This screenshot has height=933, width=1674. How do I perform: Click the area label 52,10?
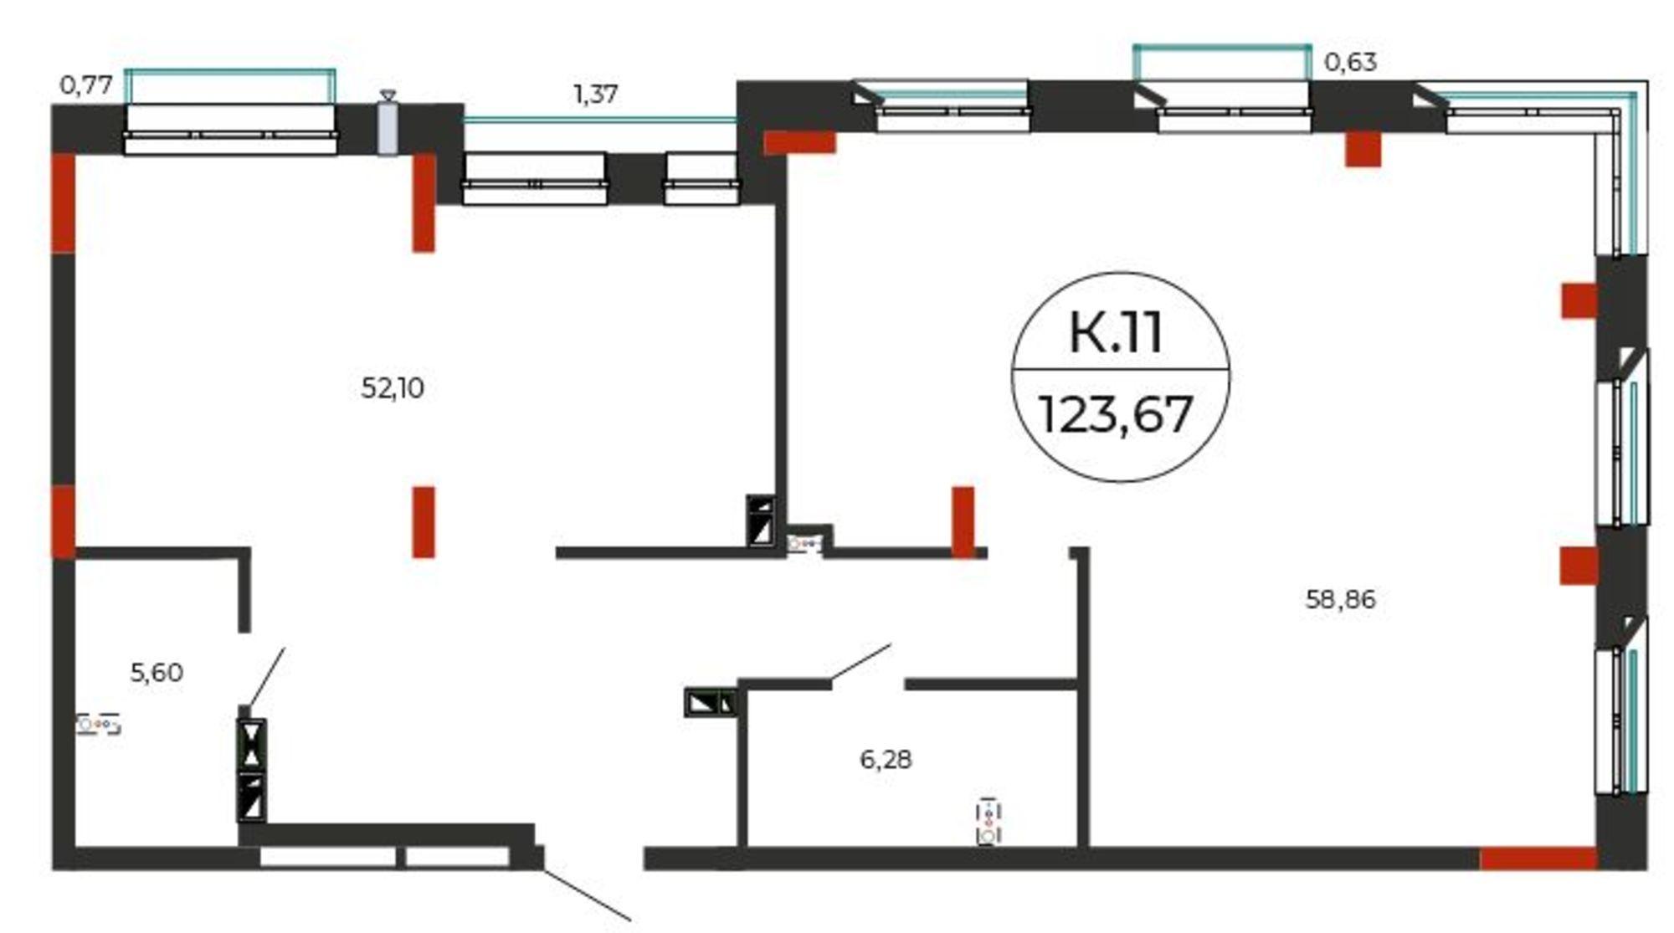[393, 388]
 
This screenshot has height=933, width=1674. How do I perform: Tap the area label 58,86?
[1340, 599]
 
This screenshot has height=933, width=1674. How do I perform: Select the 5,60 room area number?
[157, 672]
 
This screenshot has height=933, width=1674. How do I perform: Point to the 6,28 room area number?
[886, 759]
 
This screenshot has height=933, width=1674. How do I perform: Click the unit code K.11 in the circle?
[1117, 331]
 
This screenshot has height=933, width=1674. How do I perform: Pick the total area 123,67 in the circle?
[1116, 414]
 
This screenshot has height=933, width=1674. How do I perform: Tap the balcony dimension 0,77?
[86, 85]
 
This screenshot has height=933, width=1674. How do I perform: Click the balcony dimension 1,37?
[595, 94]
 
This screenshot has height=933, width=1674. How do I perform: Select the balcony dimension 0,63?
[1350, 62]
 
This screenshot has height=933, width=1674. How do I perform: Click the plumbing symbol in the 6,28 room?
[988, 822]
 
